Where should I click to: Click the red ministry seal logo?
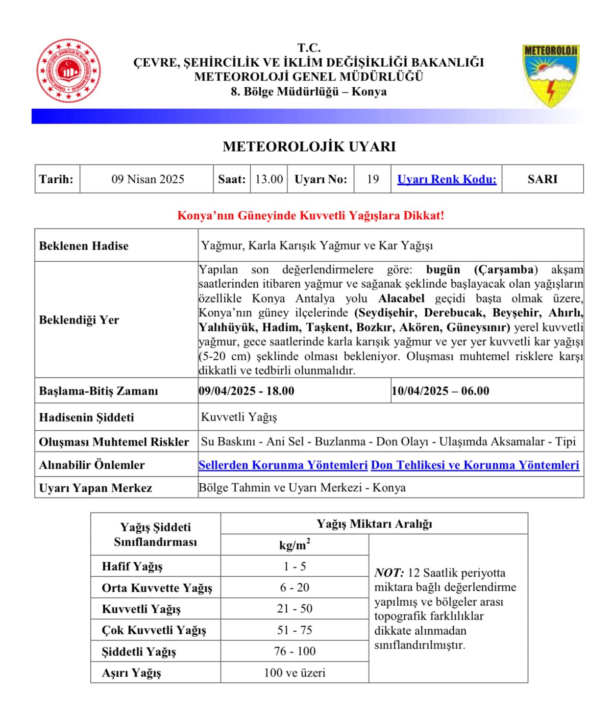point(69,71)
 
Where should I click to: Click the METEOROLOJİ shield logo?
point(551,75)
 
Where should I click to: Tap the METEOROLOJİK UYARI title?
point(309,147)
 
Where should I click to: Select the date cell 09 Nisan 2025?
point(147,179)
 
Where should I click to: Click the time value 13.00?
point(269,179)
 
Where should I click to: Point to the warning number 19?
point(372,179)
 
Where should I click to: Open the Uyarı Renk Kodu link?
point(446,179)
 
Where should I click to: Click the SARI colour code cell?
point(542,179)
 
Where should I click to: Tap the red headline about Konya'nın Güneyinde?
point(310,216)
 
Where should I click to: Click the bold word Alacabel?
point(401,298)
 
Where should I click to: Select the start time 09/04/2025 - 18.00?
point(246,391)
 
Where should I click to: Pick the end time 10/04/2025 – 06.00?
point(440,391)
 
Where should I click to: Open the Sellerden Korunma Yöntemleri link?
point(283,465)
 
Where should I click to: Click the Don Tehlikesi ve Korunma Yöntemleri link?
point(475,465)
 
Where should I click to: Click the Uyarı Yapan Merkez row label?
point(96,488)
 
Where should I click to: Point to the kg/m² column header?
point(294,545)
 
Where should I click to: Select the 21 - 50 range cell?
point(294,609)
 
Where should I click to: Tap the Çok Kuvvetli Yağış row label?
point(154,630)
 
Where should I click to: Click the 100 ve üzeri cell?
point(294,673)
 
